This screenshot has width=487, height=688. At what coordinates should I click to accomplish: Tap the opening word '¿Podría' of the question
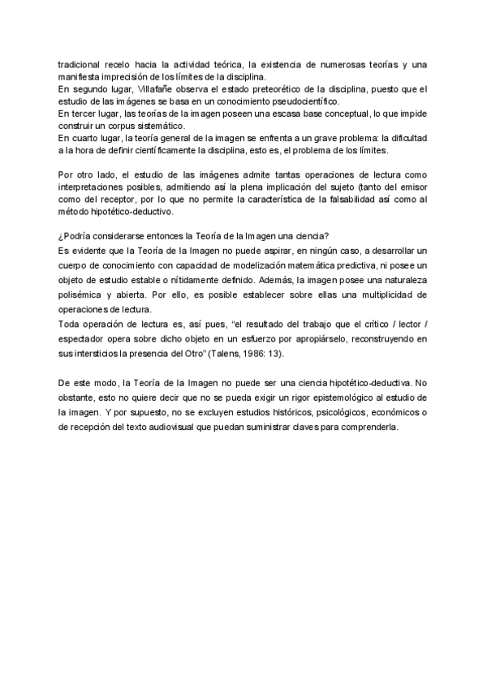pos(75,236)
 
